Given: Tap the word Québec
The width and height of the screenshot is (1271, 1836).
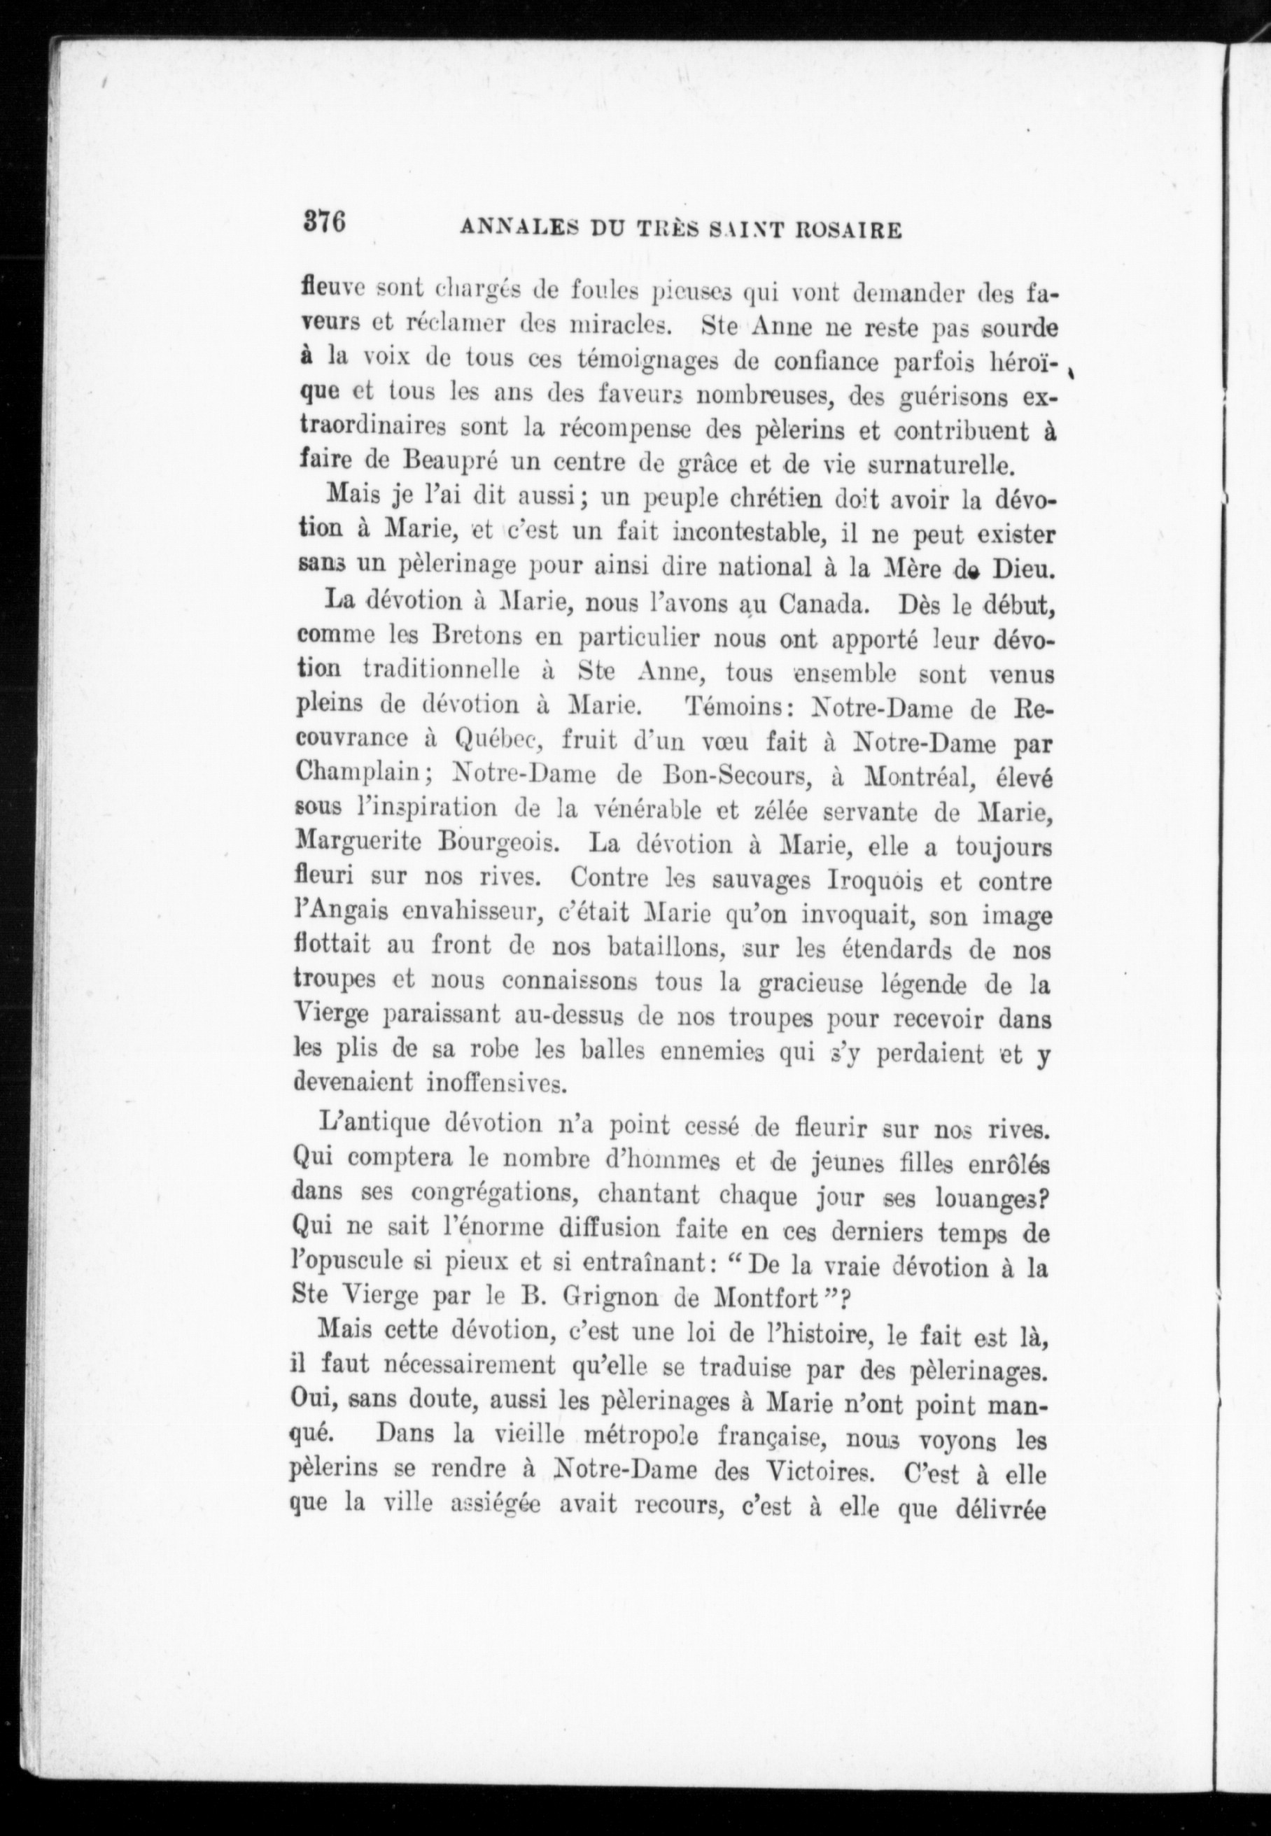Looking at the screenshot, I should [x=498, y=740].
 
